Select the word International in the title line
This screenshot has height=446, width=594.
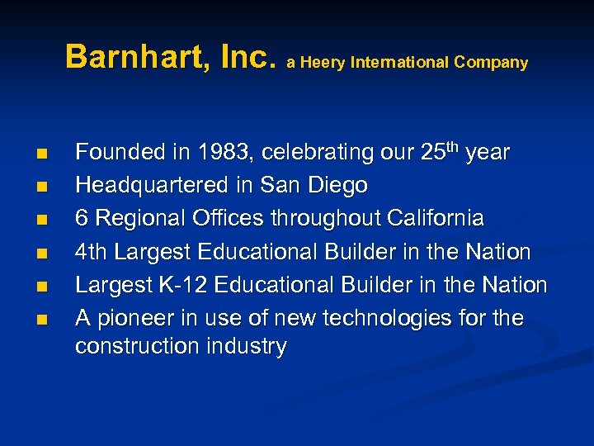(x=400, y=63)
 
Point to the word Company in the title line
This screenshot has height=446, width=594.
(x=492, y=63)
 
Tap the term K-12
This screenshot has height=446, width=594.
(x=181, y=285)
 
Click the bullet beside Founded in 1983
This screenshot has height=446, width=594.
(x=42, y=154)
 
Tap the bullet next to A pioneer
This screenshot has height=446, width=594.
(x=42, y=319)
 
